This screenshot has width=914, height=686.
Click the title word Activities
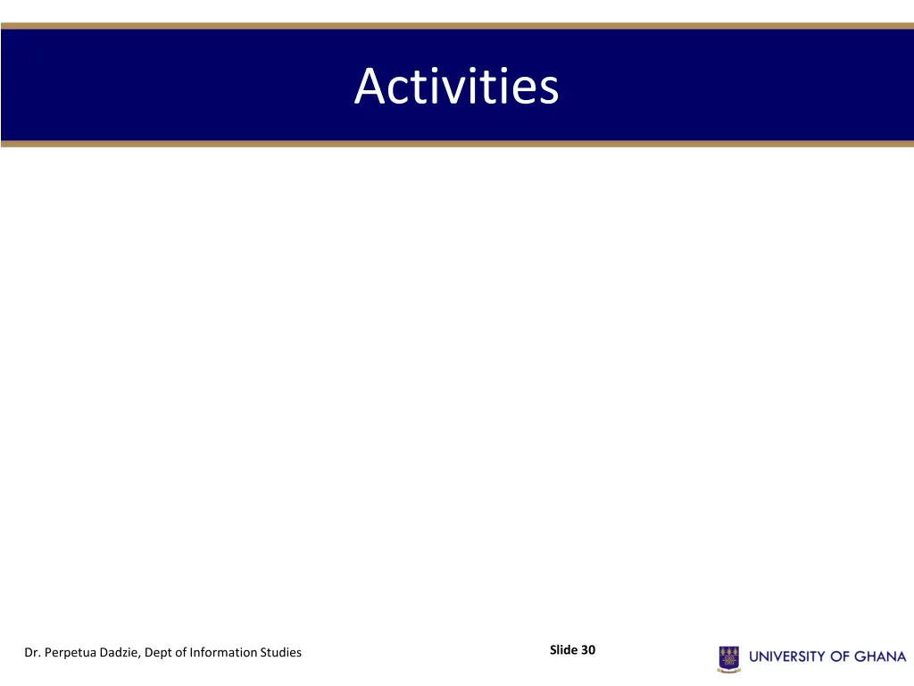click(456, 87)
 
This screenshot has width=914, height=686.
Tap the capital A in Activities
click(370, 88)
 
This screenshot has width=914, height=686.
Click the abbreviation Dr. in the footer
click(32, 653)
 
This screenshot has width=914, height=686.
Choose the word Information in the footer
click(222, 653)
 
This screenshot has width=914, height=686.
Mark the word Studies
click(280, 653)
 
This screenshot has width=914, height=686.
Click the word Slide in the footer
click(563, 650)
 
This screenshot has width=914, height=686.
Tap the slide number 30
click(588, 650)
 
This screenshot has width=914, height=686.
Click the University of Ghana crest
click(728, 658)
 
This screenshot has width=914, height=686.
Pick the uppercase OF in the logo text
click(841, 657)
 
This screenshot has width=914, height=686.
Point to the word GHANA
click(881, 657)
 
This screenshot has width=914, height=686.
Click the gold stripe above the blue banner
click(457, 26)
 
